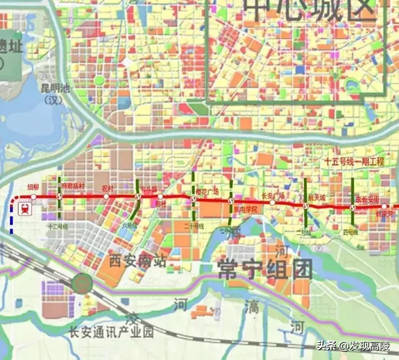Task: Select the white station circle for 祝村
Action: tap(107, 196)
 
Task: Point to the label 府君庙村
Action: tap(72, 186)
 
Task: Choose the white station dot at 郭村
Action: tap(160, 197)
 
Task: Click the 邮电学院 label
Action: tap(245, 209)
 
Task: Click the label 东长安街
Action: tap(367, 199)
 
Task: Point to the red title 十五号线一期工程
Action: tap(354, 162)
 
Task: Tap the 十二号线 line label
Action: tap(57, 226)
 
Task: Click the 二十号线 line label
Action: tap(194, 226)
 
